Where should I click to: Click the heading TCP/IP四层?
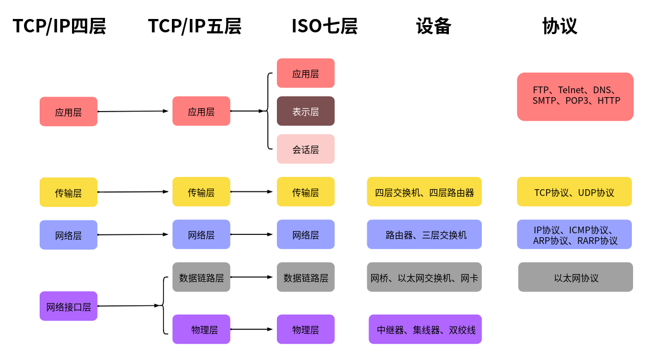[x=59, y=26]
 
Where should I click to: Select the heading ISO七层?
[x=324, y=26]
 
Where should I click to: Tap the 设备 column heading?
[x=433, y=26]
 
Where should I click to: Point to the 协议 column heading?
[x=559, y=26]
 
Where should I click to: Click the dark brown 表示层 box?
[x=305, y=111]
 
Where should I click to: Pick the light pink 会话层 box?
[x=305, y=149]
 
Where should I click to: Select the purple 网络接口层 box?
[x=68, y=306]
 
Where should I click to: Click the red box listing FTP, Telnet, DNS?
[x=575, y=97]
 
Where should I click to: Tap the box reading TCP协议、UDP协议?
[x=574, y=192]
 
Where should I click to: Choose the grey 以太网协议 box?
[x=575, y=277]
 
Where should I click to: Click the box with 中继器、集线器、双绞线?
[x=425, y=329]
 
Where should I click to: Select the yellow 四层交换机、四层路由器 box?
[x=424, y=192]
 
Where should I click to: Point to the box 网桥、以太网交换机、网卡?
[x=424, y=277]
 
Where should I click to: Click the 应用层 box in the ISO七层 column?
[x=305, y=73]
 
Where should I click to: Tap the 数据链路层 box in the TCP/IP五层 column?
[x=201, y=277]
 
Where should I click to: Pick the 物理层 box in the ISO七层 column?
[x=305, y=329]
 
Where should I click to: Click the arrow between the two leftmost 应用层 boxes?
[x=133, y=111]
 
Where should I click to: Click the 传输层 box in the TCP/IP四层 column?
[x=68, y=193]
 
